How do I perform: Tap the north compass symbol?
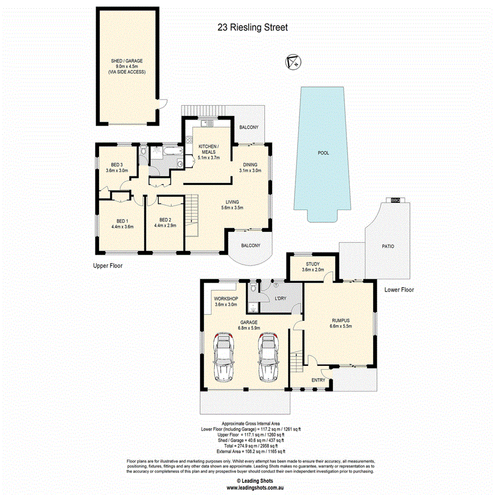[x=293, y=62]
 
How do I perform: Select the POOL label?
[x=323, y=153]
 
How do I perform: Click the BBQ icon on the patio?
[x=394, y=200]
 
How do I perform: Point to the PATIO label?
[x=388, y=246]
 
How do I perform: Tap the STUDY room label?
[x=313, y=264]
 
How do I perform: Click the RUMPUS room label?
[x=340, y=319]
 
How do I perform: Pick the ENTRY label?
[x=318, y=380]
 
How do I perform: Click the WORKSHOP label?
[x=225, y=299]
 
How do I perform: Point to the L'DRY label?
[x=280, y=299]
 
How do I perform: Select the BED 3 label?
[x=116, y=164]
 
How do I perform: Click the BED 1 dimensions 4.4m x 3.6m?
[x=122, y=226]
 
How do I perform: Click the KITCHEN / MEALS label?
[x=208, y=148]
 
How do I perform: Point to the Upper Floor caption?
[x=107, y=266]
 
